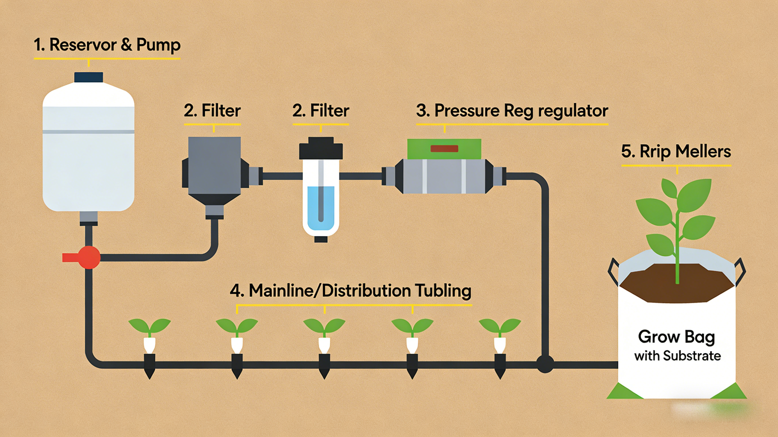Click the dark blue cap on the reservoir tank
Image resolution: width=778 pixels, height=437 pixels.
point(89,77)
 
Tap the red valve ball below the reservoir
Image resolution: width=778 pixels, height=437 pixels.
point(89,257)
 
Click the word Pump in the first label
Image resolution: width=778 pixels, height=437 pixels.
point(158,45)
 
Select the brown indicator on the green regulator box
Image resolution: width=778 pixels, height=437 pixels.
point(444,149)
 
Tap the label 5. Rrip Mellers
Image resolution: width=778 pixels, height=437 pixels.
point(676,151)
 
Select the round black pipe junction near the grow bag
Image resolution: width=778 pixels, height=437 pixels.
point(545,364)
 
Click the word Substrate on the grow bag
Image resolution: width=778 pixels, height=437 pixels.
point(692,356)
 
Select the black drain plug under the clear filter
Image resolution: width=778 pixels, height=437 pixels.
point(321,239)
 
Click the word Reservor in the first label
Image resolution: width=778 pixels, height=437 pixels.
point(83,45)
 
